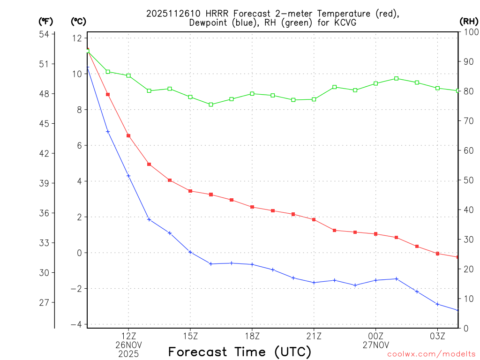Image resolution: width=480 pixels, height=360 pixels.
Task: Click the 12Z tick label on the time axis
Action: [x=128, y=336]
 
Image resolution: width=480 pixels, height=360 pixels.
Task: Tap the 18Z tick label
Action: [x=252, y=336]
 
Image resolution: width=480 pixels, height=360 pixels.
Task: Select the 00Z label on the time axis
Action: [x=375, y=336]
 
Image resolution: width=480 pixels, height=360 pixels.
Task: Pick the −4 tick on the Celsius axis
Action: [x=76, y=324]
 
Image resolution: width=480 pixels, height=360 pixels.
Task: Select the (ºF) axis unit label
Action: [x=46, y=21]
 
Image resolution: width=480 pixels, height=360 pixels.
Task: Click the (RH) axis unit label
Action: [x=469, y=21]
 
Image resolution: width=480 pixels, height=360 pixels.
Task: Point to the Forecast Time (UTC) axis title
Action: [x=240, y=352]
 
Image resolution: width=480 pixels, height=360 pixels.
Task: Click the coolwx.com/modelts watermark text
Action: [x=431, y=354]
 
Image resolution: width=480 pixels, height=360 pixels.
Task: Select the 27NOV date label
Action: [x=375, y=345]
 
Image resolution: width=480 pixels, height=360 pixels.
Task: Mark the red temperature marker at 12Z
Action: [x=128, y=135]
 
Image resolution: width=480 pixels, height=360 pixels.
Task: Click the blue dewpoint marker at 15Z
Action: [x=190, y=252]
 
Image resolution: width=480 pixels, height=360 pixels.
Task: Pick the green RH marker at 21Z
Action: [x=314, y=99]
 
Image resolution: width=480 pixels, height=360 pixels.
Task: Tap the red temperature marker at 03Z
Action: [x=437, y=254]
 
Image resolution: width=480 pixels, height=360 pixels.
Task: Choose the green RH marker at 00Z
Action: [x=375, y=83]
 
